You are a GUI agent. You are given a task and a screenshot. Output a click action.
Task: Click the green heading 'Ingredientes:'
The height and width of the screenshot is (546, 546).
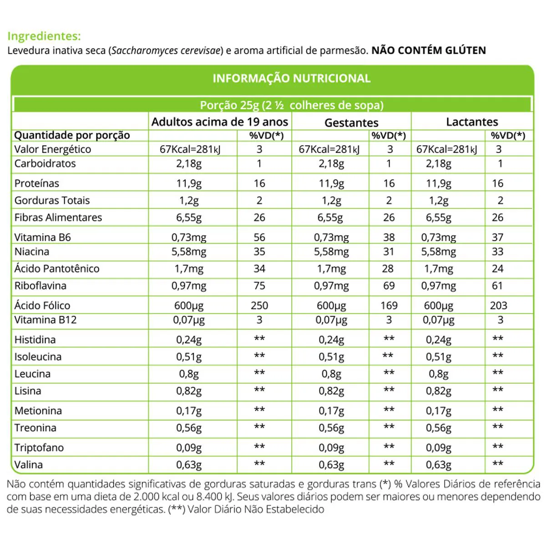point(44,36)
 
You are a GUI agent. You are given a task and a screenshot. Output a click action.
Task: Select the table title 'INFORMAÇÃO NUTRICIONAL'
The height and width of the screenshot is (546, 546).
point(292,78)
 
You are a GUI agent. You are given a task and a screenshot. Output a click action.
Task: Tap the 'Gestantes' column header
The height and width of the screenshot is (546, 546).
point(351,122)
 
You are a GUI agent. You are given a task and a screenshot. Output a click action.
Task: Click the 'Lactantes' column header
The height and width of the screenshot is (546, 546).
point(472,122)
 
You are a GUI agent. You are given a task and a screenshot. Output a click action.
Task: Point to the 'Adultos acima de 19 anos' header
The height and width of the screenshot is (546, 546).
point(220,122)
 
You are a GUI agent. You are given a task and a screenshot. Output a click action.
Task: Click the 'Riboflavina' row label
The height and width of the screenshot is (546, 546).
point(40,286)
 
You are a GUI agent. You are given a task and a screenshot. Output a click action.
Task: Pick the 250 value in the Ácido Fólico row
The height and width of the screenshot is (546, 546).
point(259,305)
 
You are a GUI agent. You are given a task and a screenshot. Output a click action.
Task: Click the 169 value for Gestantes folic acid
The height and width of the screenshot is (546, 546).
point(389,305)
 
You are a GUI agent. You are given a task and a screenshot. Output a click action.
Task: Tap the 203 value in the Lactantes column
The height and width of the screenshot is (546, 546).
point(499,305)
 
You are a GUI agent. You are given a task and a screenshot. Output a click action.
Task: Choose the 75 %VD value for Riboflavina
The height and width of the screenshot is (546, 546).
point(259,286)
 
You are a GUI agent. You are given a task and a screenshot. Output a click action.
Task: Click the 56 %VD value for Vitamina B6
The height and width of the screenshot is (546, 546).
point(259,237)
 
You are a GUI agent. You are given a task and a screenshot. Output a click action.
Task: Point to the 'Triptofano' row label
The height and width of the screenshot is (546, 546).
point(39,447)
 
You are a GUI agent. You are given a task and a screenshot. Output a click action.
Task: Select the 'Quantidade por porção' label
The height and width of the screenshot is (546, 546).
point(72,135)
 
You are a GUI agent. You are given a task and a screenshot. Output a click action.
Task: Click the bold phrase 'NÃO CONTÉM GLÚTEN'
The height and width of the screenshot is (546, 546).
point(429,51)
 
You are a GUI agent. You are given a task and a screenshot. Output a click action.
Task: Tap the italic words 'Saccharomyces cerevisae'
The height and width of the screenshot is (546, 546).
point(166,51)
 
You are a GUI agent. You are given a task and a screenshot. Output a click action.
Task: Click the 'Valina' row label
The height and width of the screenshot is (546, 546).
point(29,465)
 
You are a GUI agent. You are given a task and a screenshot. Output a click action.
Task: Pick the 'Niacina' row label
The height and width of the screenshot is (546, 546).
point(32,252)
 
